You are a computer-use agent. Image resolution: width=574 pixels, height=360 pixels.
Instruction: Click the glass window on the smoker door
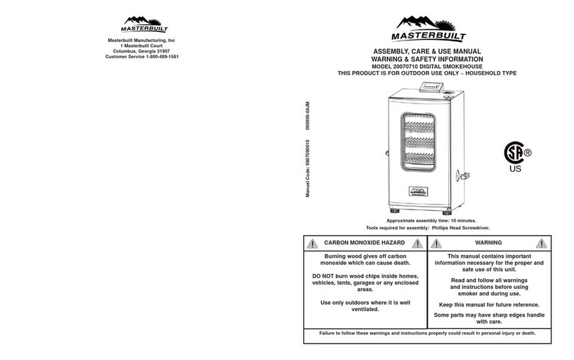[423, 145]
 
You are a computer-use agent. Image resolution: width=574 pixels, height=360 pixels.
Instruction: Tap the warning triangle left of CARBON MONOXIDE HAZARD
[313, 243]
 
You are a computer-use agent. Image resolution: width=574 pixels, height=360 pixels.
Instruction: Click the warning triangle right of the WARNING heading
[544, 243]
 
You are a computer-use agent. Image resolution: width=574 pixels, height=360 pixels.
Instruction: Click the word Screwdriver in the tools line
[475, 229]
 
